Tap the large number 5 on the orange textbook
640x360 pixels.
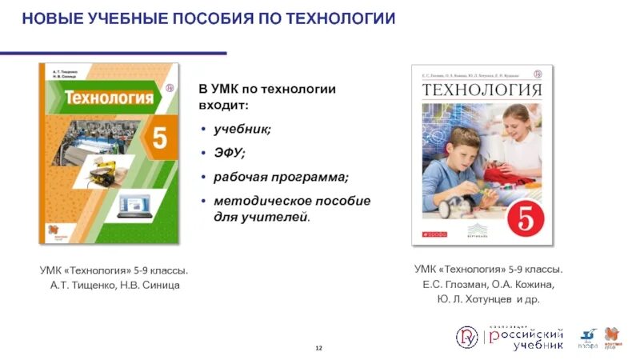[160, 138]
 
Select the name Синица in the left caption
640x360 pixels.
[162, 286]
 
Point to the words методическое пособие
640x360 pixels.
[286, 200]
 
